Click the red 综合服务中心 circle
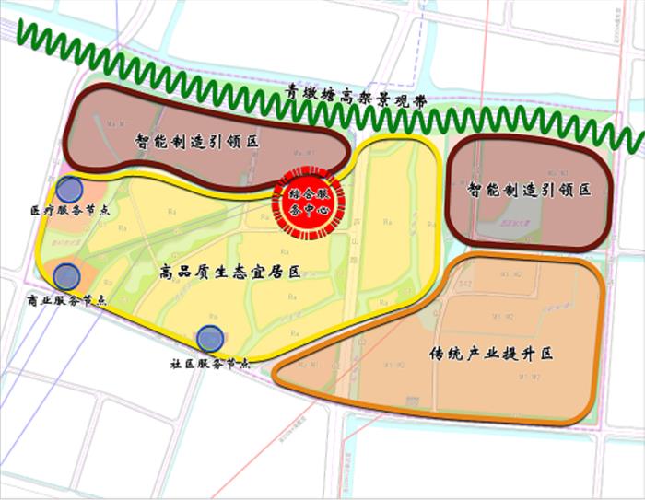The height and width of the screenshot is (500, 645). pos(309,200)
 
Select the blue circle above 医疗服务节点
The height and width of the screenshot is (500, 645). pos(68,191)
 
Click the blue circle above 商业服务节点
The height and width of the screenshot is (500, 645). pos(66,274)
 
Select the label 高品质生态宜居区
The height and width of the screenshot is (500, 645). pos(230,272)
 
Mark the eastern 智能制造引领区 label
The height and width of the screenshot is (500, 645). pos(528,191)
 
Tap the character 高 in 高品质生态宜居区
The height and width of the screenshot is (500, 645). pos(166,272)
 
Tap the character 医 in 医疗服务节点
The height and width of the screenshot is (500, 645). pos(34,211)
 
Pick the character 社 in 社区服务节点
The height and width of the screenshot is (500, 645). pos(176,364)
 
